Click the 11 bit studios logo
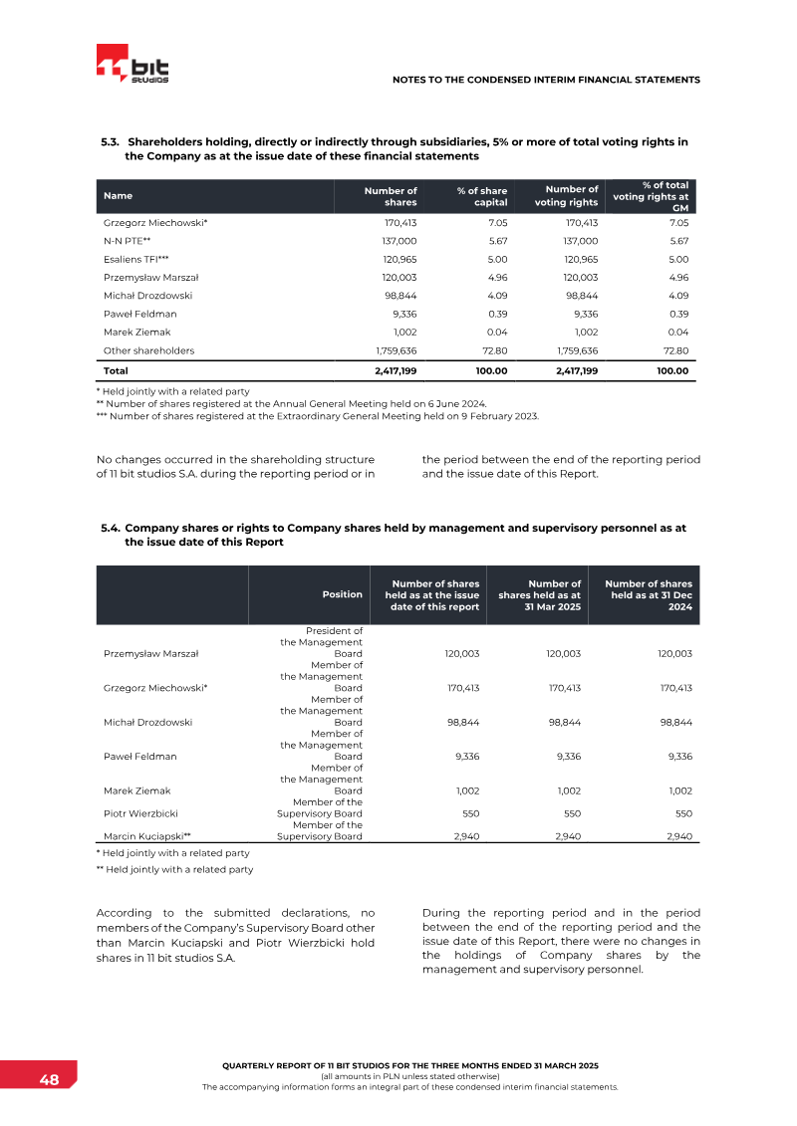click(133, 67)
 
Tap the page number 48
click(49, 1080)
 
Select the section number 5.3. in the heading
click(111, 141)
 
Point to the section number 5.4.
click(111, 528)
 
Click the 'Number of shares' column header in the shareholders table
click(390, 195)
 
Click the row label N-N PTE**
click(127, 241)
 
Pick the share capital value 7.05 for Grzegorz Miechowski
click(497, 223)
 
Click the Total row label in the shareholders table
click(116, 370)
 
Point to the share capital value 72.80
click(495, 350)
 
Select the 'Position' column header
click(342, 594)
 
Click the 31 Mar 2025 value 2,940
click(566, 836)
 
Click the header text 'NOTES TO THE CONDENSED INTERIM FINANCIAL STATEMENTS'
click(546, 80)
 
